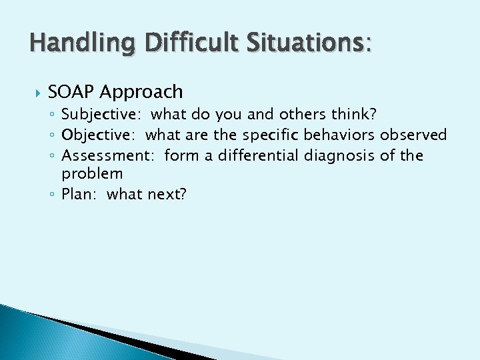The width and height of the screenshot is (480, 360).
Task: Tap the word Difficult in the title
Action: tap(175, 45)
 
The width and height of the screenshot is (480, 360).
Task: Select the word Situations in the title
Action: tap(299, 45)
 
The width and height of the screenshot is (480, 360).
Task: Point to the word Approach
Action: tap(143, 93)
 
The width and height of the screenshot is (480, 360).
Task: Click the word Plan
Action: tap(77, 195)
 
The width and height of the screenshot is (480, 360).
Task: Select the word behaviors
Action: tap(340, 135)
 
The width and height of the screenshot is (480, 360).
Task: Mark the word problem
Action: tap(92, 175)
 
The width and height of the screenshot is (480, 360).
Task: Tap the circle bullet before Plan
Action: tap(53, 195)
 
